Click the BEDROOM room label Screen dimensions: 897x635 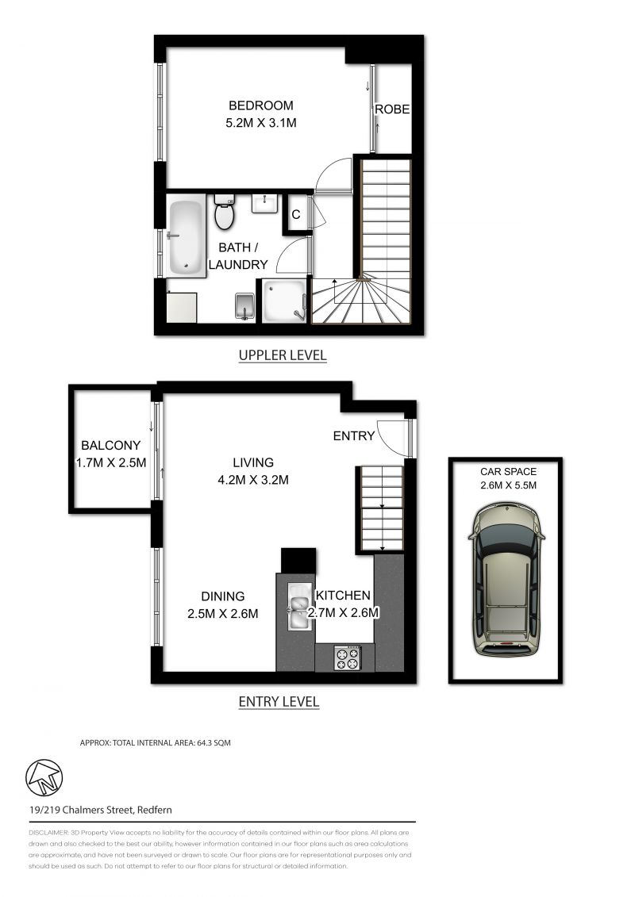click(x=261, y=105)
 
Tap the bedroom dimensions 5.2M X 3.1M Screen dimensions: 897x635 click(x=261, y=123)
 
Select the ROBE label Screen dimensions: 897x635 click(x=392, y=109)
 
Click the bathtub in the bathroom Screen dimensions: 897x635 click(x=187, y=236)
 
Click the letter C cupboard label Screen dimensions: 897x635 click(x=295, y=214)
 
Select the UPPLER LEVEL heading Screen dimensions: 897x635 click(x=283, y=355)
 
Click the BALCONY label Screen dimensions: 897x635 click(x=110, y=445)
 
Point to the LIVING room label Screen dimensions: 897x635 click(x=252, y=462)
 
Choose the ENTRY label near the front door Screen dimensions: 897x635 click(x=353, y=435)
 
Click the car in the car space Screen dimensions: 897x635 click(x=505, y=582)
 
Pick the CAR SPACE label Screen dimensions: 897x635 click(x=505, y=471)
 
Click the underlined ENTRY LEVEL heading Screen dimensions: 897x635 click(x=279, y=701)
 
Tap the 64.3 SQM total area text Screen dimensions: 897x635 click(x=210, y=743)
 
